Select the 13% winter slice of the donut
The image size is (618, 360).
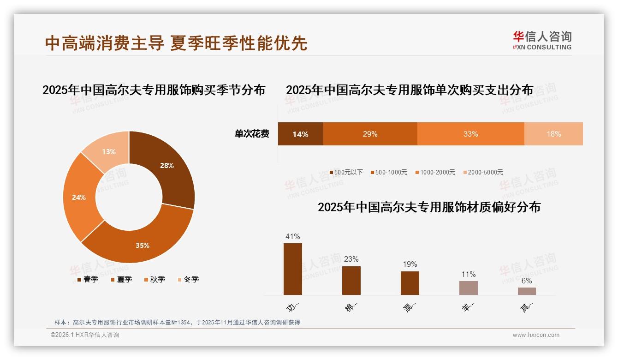(108, 151)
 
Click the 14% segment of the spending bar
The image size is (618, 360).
(300, 134)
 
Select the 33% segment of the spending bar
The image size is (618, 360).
(470, 134)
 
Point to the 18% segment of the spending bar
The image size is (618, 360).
(553, 134)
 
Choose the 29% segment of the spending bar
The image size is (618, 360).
(370, 134)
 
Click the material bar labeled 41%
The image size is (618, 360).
(293, 269)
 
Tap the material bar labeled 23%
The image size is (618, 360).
(351, 281)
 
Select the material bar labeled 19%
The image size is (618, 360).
(410, 283)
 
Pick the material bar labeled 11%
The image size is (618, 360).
(469, 288)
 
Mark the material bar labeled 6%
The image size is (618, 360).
(527, 291)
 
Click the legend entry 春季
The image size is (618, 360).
(88, 279)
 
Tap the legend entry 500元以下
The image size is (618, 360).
(346, 172)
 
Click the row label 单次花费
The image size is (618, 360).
(252, 134)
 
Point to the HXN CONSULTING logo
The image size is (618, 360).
(542, 41)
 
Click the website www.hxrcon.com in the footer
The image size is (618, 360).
(536, 335)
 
